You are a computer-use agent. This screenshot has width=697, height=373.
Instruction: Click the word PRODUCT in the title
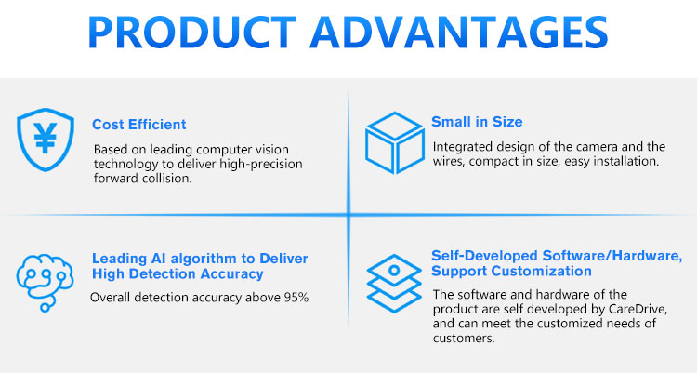tap(191, 33)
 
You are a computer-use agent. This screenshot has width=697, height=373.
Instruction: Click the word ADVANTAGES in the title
tap(459, 33)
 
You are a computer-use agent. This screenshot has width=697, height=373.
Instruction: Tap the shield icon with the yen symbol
tap(46, 140)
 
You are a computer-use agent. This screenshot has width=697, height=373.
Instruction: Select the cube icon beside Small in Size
tap(395, 142)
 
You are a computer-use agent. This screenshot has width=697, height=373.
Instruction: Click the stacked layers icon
tap(394, 283)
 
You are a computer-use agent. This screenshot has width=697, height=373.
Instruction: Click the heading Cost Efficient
tap(139, 125)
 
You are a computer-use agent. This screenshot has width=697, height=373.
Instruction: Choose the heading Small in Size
tap(477, 122)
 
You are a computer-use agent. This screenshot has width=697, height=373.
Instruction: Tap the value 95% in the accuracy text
tap(296, 298)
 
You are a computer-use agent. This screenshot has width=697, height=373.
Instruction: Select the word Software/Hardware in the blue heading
tap(612, 256)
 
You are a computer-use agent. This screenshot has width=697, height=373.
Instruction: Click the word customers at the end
tap(464, 339)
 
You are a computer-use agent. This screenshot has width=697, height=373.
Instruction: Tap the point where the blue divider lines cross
tap(348, 215)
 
